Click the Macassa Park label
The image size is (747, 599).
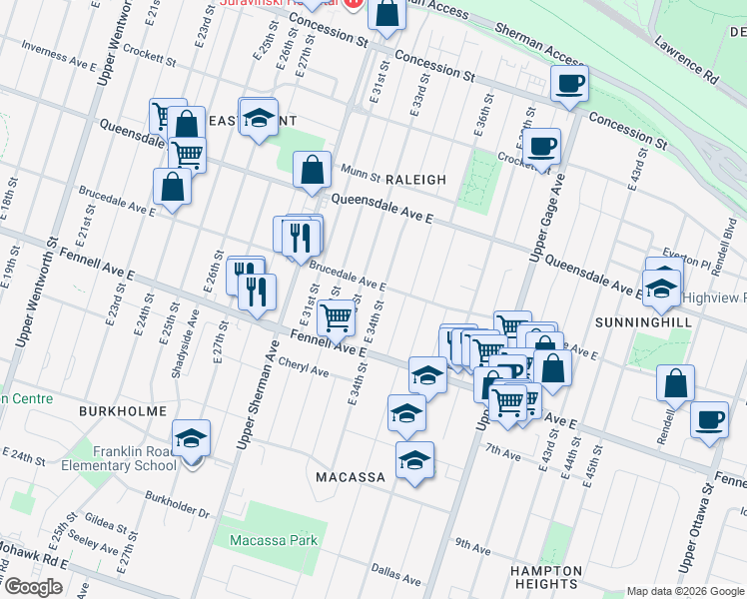click(x=273, y=540)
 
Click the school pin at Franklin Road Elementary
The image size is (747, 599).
click(x=191, y=439)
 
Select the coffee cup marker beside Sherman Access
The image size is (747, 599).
click(x=569, y=85)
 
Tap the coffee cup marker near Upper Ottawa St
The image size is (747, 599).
click(x=709, y=420)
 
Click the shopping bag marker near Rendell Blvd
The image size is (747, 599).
click(x=676, y=384)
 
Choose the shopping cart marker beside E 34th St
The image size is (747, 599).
click(x=338, y=318)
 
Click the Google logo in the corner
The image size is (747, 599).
click(x=34, y=587)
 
